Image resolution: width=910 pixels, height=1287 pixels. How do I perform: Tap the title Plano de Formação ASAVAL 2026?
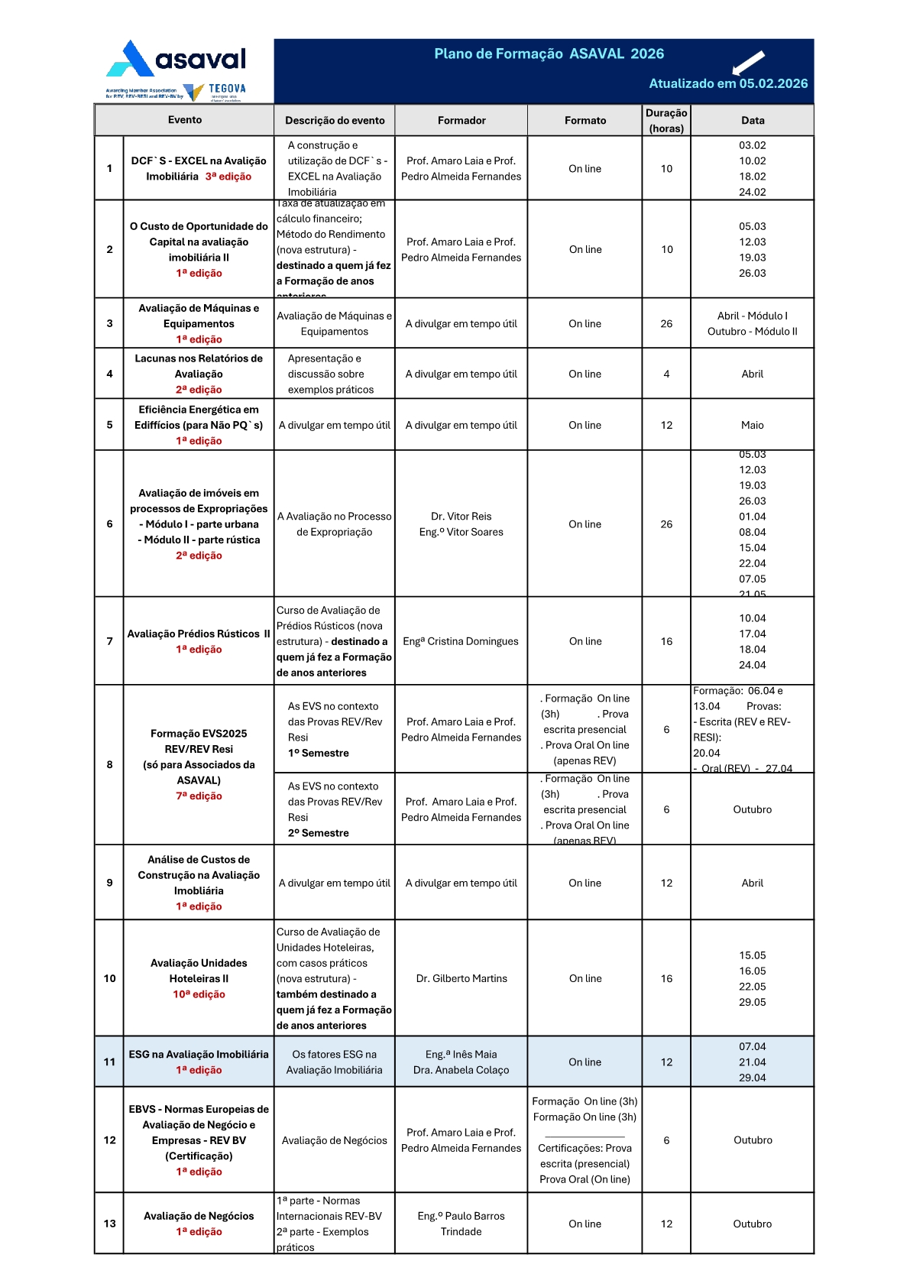click(x=549, y=53)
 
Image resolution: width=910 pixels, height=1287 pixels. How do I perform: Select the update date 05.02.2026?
click(x=773, y=84)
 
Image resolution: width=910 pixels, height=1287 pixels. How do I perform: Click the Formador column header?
click(x=461, y=120)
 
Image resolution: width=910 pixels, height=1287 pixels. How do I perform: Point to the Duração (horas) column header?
click(x=666, y=120)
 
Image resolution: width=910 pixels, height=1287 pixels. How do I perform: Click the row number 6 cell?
click(x=109, y=524)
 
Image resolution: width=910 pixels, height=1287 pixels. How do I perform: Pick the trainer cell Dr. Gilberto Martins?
click(x=461, y=978)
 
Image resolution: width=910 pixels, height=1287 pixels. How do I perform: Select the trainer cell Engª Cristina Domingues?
click(x=461, y=641)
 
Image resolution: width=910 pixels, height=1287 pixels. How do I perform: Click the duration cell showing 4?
click(x=666, y=374)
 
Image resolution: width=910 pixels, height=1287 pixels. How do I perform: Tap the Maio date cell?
click(x=752, y=425)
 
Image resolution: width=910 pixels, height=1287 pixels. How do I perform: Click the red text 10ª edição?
click(x=199, y=994)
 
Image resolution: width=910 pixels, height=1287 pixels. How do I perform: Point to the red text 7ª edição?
click(x=199, y=796)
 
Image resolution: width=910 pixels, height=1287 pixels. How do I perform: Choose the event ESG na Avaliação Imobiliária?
click(x=199, y=1055)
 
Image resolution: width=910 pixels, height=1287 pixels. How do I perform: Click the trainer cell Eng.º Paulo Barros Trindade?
click(x=461, y=1224)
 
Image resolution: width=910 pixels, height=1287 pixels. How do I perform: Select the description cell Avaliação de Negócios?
click(x=334, y=1140)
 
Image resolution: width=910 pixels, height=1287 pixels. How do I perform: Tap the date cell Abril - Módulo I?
click(x=752, y=316)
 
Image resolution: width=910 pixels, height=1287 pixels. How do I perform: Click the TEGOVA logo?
click(x=217, y=92)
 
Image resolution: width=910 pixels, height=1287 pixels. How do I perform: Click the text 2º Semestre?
click(x=319, y=833)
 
